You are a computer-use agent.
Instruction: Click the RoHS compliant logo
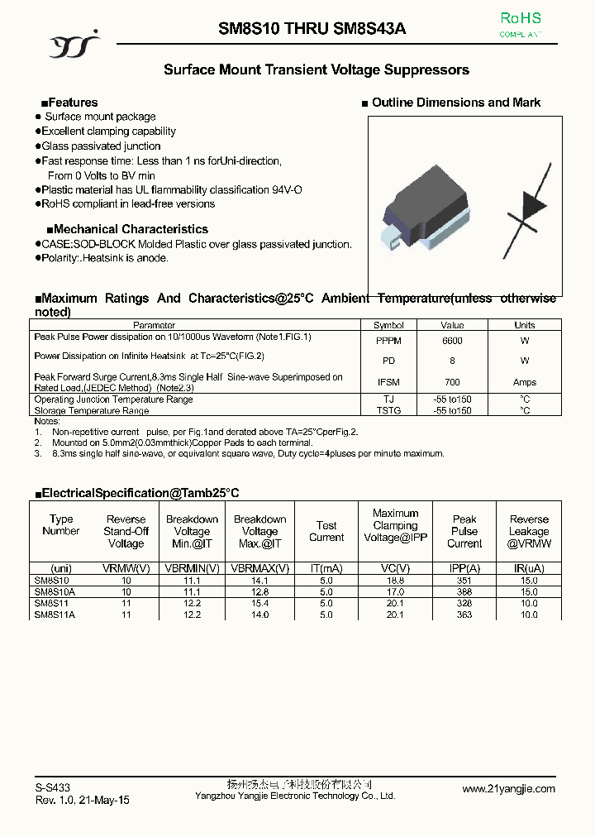coord(521,25)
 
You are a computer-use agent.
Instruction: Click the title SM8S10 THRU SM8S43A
coord(312,29)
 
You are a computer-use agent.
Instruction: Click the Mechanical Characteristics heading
coord(127,229)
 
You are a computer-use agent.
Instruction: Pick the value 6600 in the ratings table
coord(452,341)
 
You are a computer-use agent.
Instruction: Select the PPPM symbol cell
coord(388,341)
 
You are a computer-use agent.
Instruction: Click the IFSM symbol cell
coord(388,382)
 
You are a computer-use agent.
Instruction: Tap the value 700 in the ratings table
coord(452,382)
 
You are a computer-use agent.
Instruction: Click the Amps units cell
coord(525,382)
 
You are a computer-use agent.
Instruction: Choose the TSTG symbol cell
coord(388,411)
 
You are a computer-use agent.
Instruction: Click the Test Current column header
coord(326,531)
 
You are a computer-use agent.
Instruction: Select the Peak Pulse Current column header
coord(464,531)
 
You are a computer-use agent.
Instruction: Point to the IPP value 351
coord(464,581)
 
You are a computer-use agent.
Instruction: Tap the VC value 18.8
coord(396,581)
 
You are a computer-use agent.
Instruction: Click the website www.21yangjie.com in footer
coord(508,789)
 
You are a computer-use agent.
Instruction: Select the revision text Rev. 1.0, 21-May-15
coord(82,801)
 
